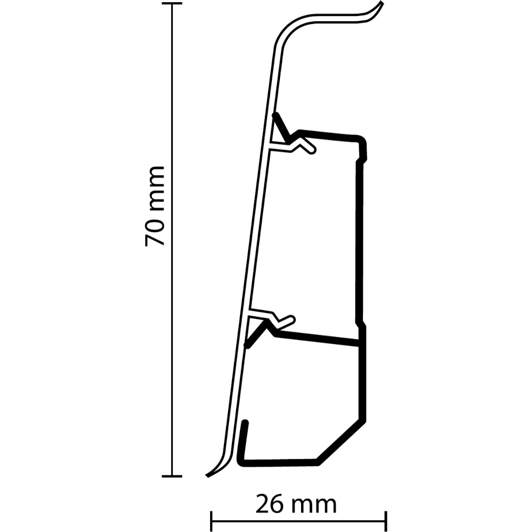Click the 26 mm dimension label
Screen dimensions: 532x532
[x=296, y=503]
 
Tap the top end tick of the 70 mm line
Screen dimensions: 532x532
[x=171, y=4]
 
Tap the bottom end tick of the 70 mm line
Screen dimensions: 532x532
[x=171, y=475]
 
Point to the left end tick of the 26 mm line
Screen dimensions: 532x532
[x=212, y=521]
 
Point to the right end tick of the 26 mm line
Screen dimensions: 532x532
[x=386, y=521]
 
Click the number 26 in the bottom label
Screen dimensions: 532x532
[x=270, y=503]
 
